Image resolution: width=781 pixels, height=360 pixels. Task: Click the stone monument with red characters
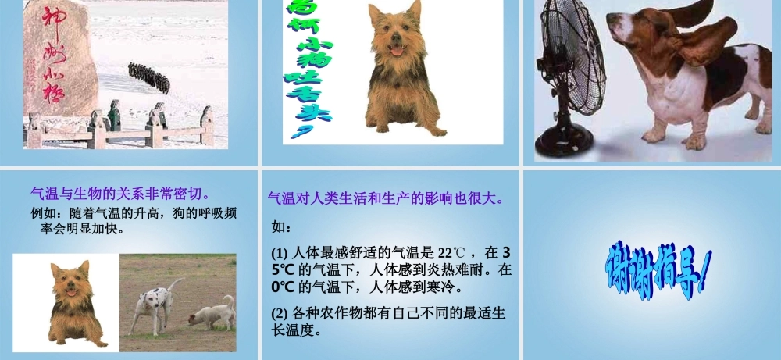(59, 66)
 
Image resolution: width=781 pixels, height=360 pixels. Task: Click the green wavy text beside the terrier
(308, 66)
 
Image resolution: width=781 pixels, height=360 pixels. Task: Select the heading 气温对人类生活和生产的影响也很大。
(386, 198)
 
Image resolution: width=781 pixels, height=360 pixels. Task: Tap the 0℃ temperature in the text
(281, 287)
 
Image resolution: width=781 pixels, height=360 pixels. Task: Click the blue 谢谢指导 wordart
(658, 269)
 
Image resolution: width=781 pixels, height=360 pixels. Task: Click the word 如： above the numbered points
(281, 227)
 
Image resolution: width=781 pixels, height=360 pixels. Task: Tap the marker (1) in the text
(280, 253)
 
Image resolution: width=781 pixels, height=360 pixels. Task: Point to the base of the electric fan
(560, 144)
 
